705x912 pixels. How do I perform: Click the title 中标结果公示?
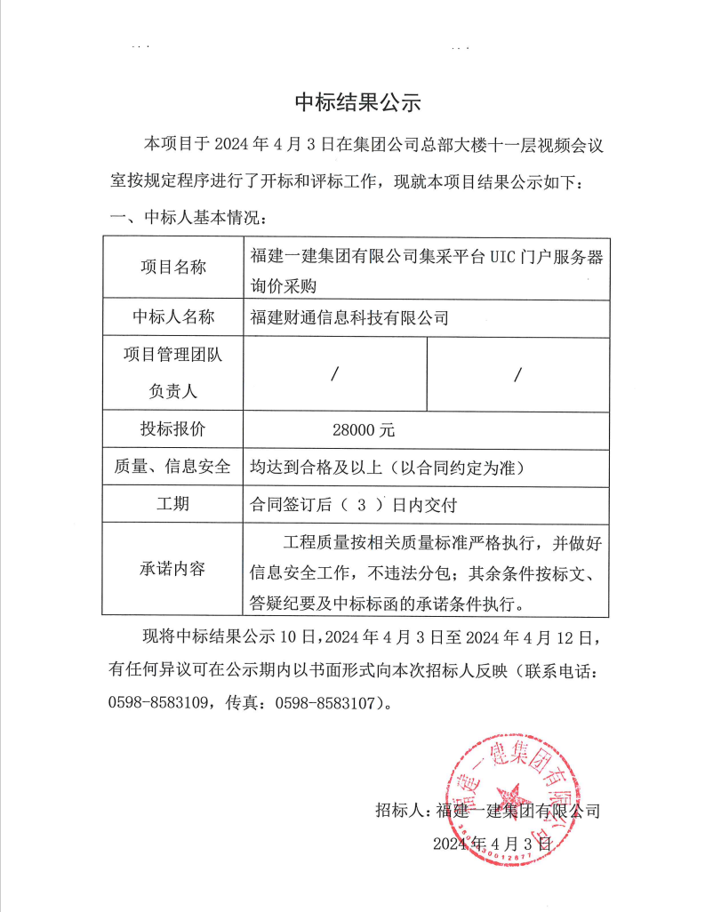pos(357,102)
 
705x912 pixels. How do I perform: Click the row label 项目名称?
pos(172,268)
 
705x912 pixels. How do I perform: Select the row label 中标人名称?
pos(172,317)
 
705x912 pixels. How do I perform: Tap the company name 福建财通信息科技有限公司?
pos(349,317)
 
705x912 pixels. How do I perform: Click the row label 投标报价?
pos(172,429)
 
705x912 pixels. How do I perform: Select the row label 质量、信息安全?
pos(172,467)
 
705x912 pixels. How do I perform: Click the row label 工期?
pos(172,504)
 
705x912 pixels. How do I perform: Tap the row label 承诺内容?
pos(172,569)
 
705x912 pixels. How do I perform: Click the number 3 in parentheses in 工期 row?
pos(362,505)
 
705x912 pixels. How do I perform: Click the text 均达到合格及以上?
pos(316,468)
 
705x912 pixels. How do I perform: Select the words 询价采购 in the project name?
pos(284,286)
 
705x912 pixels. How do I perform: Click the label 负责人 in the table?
pos(172,390)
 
